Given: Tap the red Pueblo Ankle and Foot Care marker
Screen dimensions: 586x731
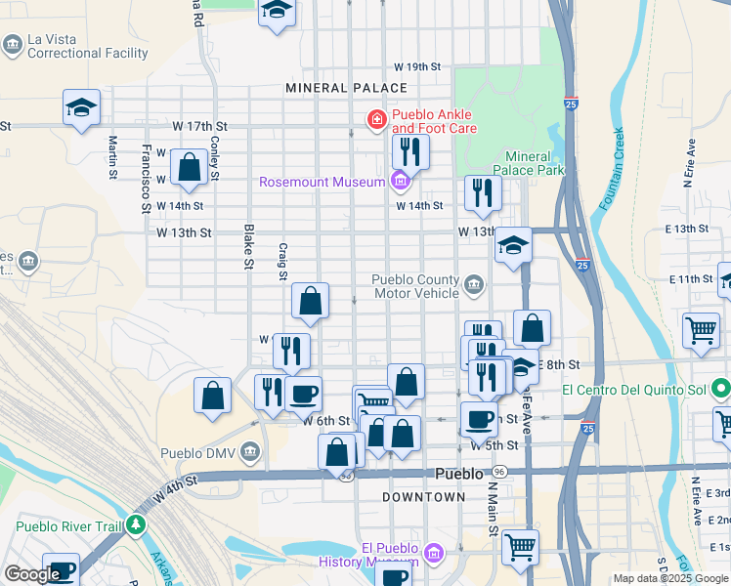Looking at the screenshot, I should (x=375, y=120).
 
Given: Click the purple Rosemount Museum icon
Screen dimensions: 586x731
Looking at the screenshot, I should (x=399, y=181).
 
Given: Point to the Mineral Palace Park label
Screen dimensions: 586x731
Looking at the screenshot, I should (x=535, y=164).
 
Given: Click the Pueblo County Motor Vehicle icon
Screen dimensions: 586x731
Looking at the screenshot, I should (x=474, y=284).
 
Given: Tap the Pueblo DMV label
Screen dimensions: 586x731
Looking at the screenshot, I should (x=198, y=452).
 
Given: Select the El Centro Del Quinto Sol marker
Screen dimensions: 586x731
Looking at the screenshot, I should (x=720, y=390).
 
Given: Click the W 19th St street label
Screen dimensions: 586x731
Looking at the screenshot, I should (x=417, y=66).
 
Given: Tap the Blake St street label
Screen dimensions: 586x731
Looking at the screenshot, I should (x=248, y=248).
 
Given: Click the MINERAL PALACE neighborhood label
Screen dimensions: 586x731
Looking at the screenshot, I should (x=332, y=88).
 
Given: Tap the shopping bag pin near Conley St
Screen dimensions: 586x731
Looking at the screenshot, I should (x=190, y=167).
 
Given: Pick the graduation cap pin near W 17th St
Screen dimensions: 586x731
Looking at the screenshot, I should (x=82, y=108).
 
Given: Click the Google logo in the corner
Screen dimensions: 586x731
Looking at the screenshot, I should (x=32, y=574).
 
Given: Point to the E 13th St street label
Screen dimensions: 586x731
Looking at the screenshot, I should (x=688, y=229).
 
